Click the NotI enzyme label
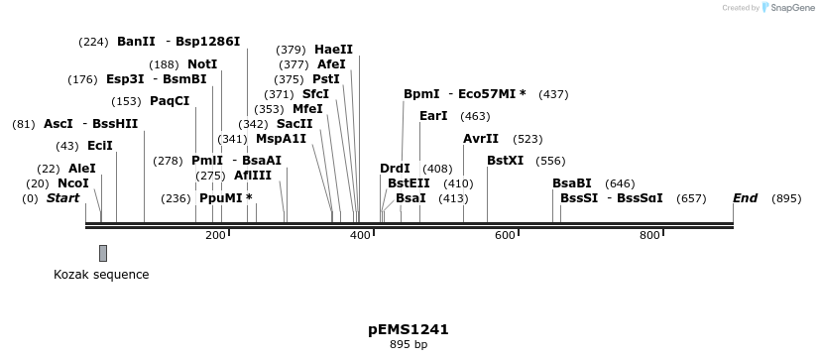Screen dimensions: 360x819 point(202,64)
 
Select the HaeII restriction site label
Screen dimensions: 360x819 point(333,50)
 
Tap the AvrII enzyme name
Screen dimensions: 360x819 point(481,139)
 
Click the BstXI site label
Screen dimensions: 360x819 point(505,161)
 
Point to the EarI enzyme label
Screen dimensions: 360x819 point(433,116)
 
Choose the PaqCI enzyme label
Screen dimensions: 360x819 point(170,101)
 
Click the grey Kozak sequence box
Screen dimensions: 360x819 point(103,253)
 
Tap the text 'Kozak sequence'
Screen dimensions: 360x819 point(101,275)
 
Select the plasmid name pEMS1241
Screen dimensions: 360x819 point(409,329)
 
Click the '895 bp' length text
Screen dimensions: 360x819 point(409,345)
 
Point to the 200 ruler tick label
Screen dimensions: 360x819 point(216,235)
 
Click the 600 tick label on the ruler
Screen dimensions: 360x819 point(505,235)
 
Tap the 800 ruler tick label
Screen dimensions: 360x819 point(649,235)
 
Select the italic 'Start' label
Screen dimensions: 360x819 point(63,198)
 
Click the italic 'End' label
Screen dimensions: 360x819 point(745,198)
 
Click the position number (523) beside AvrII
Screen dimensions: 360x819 point(528,139)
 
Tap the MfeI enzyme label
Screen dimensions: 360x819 point(307,109)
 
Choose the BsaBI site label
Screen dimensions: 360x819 point(572,183)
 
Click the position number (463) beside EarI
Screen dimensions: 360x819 point(475,116)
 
